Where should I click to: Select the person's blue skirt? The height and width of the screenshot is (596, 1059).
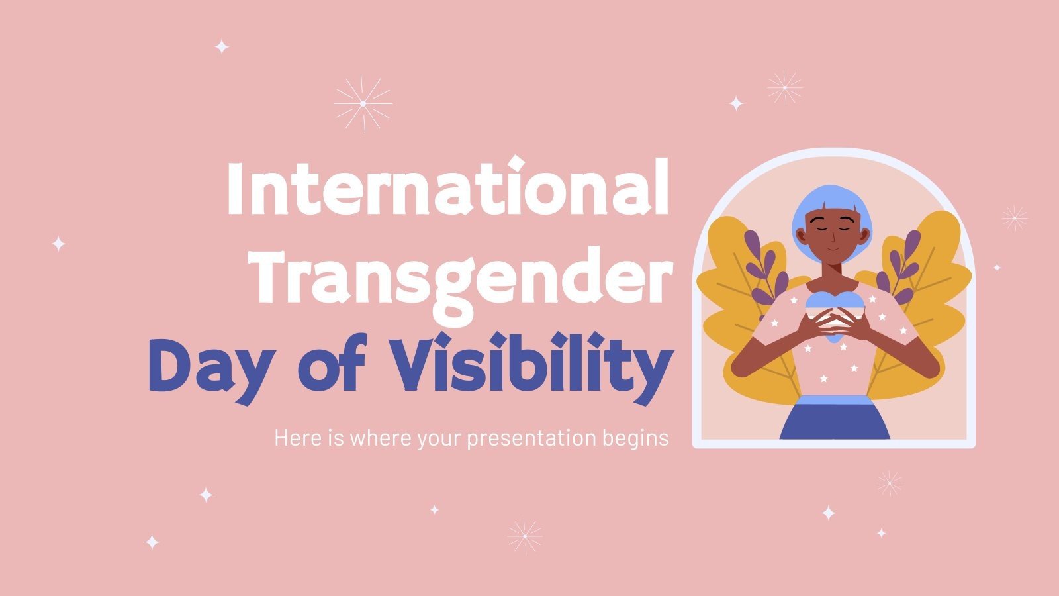tap(835, 421)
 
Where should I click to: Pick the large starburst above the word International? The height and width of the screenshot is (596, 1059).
tap(363, 103)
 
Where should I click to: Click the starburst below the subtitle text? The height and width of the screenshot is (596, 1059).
tap(524, 536)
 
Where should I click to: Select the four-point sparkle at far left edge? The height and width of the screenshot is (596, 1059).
tap(58, 244)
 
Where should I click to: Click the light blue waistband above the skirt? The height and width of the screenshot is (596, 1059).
tap(834, 399)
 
